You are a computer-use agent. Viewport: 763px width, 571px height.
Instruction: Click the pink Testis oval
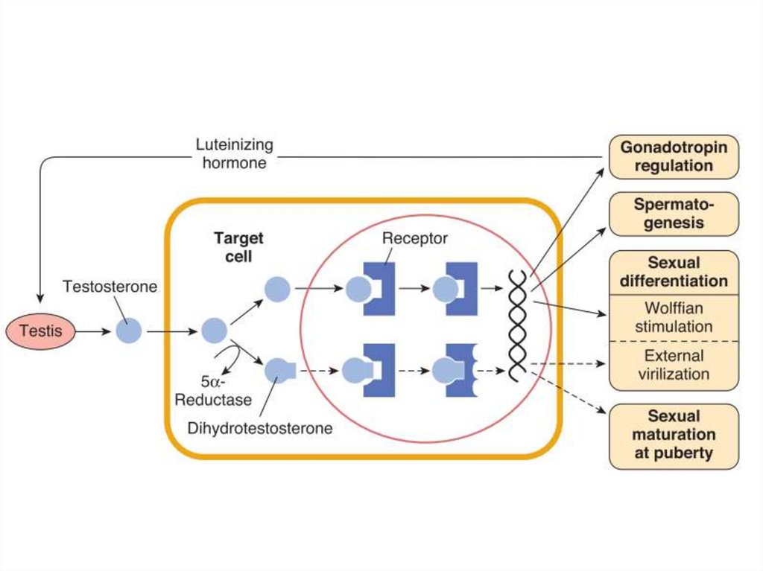(41, 331)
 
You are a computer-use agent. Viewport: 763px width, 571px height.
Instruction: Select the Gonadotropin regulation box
(674, 156)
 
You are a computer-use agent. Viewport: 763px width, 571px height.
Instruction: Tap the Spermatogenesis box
(674, 214)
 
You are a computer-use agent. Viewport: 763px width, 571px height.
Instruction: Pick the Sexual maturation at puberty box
(674, 435)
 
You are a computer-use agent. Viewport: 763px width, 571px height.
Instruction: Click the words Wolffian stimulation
(674, 316)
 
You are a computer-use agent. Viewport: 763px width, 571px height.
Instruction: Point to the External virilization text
(674, 365)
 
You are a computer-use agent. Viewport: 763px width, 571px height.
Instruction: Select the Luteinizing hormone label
(235, 153)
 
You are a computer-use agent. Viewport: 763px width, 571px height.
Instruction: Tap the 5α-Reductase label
(213, 392)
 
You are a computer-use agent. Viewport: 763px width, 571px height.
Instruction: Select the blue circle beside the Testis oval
(128, 331)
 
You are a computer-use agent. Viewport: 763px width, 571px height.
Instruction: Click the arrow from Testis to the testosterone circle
(94, 331)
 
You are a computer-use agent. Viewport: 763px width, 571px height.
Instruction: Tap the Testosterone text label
(110, 287)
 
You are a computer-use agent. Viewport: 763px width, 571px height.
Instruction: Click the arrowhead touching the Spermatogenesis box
(606, 229)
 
